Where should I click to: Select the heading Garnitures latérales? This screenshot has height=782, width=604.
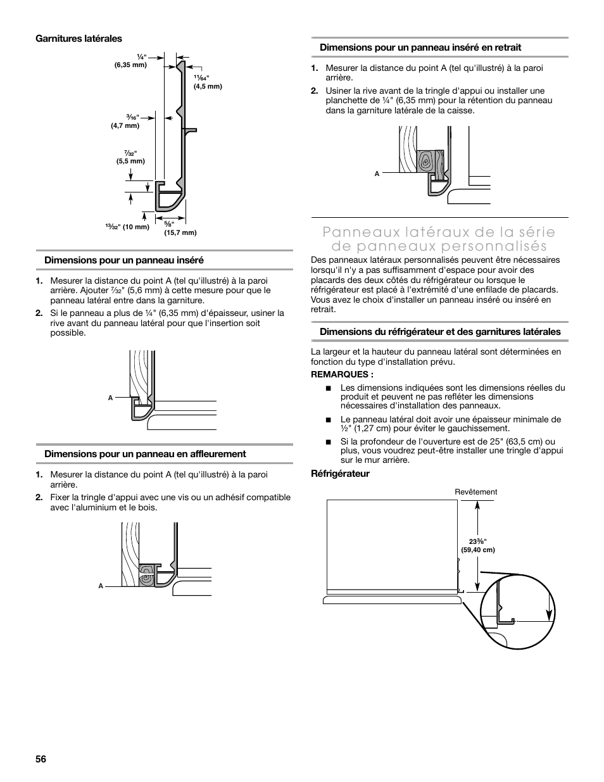click(x=79, y=39)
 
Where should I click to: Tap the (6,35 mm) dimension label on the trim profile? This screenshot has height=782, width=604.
click(x=130, y=65)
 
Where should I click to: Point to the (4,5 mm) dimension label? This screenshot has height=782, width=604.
click(x=208, y=86)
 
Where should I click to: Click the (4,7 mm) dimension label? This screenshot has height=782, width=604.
click(x=125, y=125)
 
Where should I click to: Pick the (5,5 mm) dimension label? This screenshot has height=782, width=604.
click(x=130, y=161)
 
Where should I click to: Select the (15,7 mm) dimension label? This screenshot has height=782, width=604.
click(x=180, y=232)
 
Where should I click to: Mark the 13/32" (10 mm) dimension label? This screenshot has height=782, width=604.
click(x=128, y=227)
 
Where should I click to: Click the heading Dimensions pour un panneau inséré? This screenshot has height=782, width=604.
click(x=123, y=260)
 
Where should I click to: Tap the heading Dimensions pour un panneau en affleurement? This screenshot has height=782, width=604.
click(x=145, y=453)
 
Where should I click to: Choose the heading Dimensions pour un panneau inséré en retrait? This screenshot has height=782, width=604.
click(x=420, y=47)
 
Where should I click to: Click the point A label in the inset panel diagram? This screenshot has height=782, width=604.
click(x=110, y=398)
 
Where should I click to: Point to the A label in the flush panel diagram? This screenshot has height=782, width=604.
click(x=101, y=586)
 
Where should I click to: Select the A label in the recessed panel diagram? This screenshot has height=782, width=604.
click(x=377, y=173)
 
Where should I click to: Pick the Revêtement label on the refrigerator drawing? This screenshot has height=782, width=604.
click(x=476, y=492)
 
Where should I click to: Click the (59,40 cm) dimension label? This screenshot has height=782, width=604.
click(x=478, y=550)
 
